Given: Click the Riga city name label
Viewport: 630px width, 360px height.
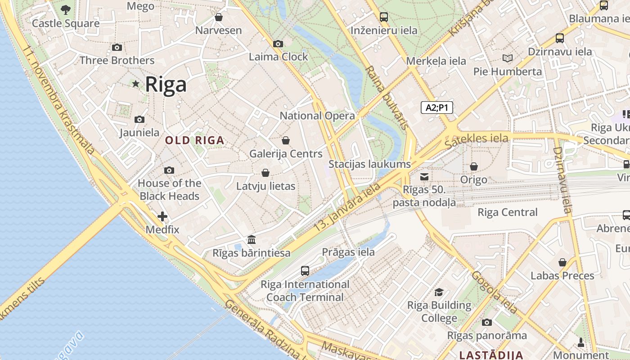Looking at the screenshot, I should point(166,85).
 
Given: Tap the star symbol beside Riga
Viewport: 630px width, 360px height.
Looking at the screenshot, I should point(135,84).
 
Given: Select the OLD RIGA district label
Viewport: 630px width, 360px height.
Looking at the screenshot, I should point(194,140).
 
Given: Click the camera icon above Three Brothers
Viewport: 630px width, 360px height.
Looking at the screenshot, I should point(117,47).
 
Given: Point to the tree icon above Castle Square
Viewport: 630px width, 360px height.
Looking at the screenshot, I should point(66,9).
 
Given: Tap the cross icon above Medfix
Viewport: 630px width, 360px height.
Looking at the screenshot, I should point(162,216).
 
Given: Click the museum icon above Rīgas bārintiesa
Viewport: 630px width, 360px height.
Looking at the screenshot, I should point(252,239).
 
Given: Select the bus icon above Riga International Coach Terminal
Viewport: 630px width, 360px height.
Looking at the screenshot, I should point(305,270).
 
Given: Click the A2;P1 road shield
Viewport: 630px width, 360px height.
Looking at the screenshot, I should point(436,108).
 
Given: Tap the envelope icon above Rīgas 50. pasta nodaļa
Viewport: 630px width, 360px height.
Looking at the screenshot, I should point(424,176).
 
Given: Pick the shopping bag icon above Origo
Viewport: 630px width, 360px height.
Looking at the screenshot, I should point(473,166).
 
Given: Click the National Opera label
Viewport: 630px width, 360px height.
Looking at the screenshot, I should point(317,116).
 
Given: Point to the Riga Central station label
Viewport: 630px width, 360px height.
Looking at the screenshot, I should point(507,212).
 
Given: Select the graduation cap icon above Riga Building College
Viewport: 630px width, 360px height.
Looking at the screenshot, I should point(439,292).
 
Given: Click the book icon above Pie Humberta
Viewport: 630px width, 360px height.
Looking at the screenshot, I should point(508,58).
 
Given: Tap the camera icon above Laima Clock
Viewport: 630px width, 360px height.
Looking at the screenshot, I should point(278,44).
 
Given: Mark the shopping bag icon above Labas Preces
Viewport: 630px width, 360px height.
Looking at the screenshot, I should point(562,262).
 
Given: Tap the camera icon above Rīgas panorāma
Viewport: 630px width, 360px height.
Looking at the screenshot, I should point(486,322).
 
